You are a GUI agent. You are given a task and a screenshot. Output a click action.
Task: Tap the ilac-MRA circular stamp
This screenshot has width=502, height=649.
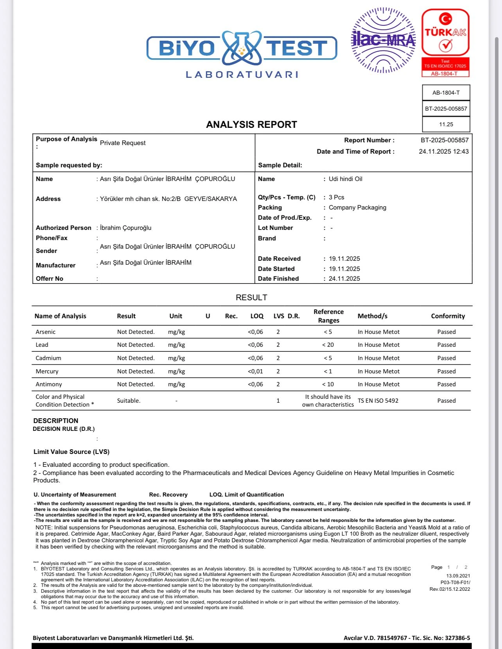(383, 40)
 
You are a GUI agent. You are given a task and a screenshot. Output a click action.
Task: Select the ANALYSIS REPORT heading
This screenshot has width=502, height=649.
(251, 125)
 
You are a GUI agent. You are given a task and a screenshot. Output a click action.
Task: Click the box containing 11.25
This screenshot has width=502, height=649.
(446, 124)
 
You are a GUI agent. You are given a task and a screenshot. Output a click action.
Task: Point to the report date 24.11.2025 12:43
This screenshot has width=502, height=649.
(443, 152)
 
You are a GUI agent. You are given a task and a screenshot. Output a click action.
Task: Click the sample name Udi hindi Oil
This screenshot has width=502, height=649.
(345, 179)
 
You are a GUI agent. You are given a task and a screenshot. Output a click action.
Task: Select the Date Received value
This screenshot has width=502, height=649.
(344, 259)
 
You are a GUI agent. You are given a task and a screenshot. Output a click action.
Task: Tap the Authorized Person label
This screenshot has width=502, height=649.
(63, 228)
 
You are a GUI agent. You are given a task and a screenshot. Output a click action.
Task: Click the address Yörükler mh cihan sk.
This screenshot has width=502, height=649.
(168, 199)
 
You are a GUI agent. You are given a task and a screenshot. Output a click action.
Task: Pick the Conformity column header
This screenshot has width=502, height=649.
(448, 316)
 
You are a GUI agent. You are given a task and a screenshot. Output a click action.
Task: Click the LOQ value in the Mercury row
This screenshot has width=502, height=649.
(255, 371)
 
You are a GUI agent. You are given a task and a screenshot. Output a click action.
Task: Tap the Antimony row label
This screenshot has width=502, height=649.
(49, 384)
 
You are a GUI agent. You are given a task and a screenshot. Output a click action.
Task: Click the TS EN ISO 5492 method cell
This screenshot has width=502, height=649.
(378, 401)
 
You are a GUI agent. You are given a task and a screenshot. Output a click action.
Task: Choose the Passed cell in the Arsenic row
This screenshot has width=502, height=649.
(446, 332)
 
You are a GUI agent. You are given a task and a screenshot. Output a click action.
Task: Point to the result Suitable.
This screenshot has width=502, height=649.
(129, 401)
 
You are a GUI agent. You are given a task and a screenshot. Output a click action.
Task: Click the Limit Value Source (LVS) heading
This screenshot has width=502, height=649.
(72, 452)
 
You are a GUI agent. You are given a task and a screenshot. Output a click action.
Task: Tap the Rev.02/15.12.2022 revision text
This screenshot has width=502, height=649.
(450, 589)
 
